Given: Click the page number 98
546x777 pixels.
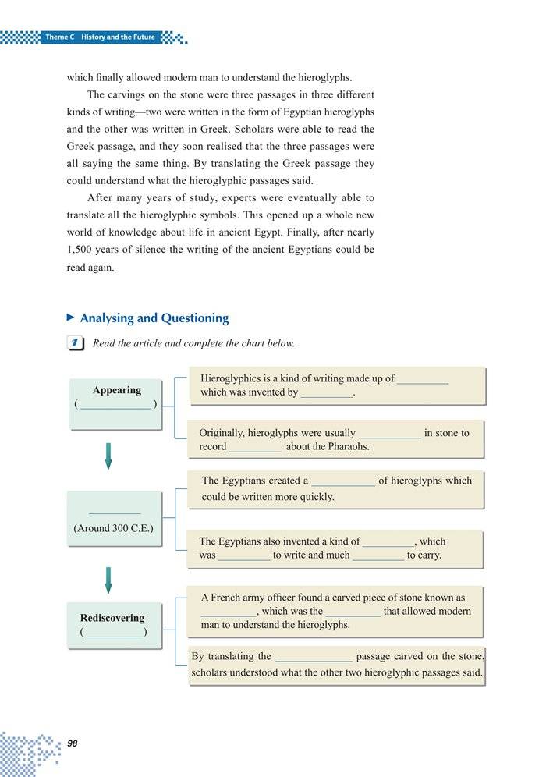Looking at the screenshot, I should pos(73,743).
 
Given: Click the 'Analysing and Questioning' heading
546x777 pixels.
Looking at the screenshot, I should pos(154,318).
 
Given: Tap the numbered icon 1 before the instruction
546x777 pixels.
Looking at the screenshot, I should pos(76,343).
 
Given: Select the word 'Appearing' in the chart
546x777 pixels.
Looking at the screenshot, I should pos(117,390).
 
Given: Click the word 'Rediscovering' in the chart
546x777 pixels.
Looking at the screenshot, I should pos(112,618).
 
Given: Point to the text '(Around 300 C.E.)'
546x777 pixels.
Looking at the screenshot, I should pos(113,528).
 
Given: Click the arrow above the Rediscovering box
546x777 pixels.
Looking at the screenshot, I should pos(108,580).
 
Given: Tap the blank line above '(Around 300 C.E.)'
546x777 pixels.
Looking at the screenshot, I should pos(115,513).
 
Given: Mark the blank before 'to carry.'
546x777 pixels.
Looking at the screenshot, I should pos(378,557).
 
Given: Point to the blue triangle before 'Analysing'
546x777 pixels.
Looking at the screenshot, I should pos(71,318).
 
